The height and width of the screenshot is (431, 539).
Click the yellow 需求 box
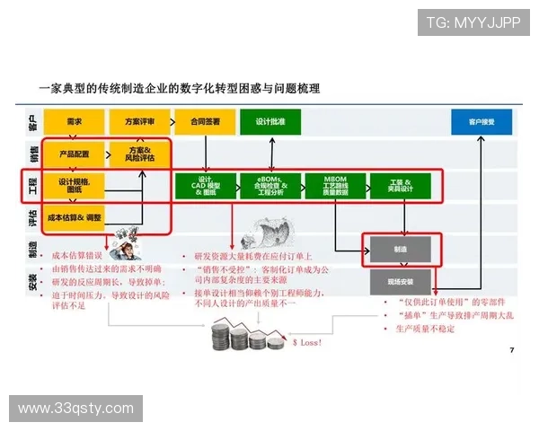(x=74, y=121)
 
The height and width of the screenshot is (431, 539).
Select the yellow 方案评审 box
(x=139, y=121)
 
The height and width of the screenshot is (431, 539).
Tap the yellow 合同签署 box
(x=205, y=121)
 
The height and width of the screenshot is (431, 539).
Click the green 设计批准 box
(x=269, y=121)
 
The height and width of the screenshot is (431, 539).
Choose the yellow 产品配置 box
(x=74, y=154)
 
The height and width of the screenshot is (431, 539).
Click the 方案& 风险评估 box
(x=139, y=154)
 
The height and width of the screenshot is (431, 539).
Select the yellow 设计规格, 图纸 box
(x=74, y=186)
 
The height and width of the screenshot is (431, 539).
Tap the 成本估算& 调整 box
(x=74, y=217)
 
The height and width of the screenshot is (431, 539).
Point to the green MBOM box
(x=335, y=186)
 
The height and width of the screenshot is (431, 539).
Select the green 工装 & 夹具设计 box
(x=401, y=186)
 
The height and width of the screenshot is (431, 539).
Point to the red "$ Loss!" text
(x=307, y=342)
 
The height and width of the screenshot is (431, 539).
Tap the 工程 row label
(x=32, y=185)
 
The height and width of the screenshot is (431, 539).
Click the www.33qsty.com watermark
(x=75, y=409)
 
